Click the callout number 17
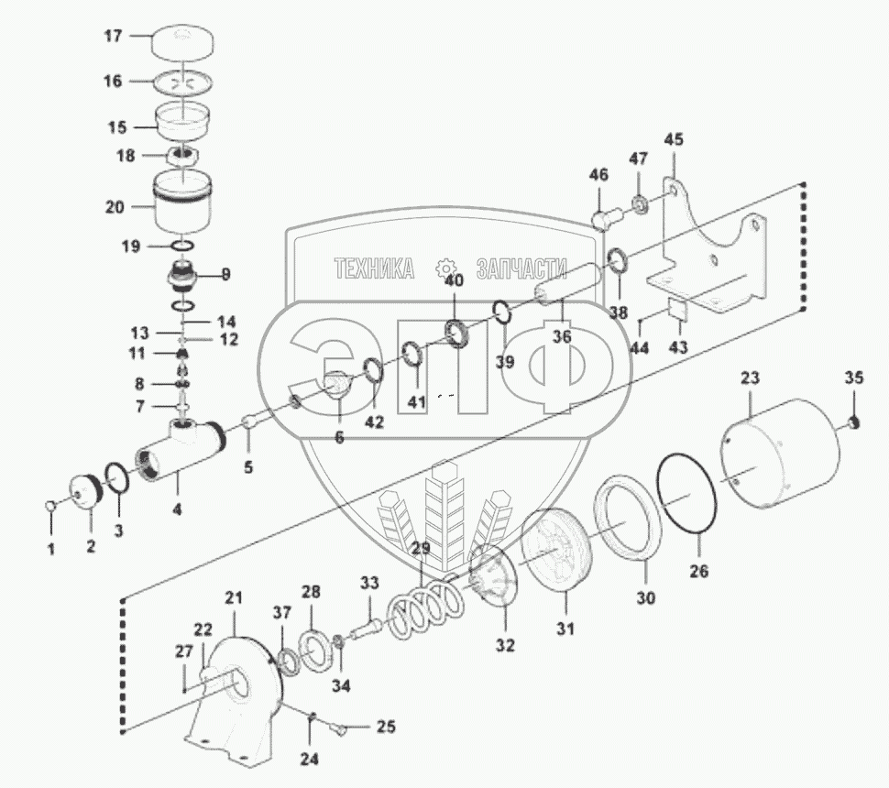tap(113, 37)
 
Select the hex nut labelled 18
tap(182, 156)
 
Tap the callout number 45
tap(674, 140)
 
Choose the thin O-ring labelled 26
tap(690, 495)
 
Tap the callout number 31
tap(565, 629)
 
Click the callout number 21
tap(235, 598)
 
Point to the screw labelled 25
tap(338, 729)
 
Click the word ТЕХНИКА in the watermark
tap(373, 268)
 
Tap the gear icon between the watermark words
tap(447, 268)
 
